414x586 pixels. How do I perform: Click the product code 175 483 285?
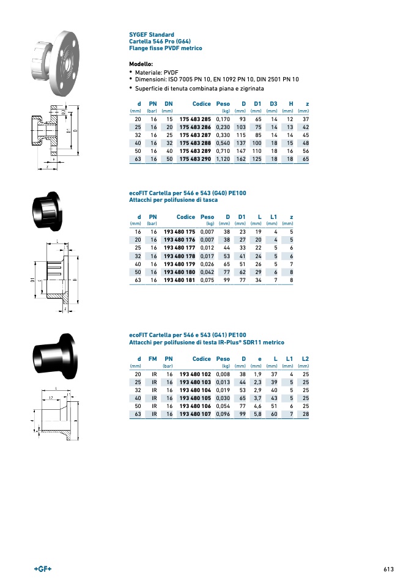pos(195,119)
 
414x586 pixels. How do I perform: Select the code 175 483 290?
pos(195,159)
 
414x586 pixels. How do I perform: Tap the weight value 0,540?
pos(223,143)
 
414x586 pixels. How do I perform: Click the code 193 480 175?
pos(179,232)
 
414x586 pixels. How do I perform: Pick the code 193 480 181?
pos(179,280)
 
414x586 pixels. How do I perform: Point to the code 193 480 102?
pos(195,374)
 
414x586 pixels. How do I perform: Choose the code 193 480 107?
pos(195,414)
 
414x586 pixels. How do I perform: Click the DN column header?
pos(169,104)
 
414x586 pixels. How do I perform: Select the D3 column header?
pos(273,104)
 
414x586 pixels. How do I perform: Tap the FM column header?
pos(152,359)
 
